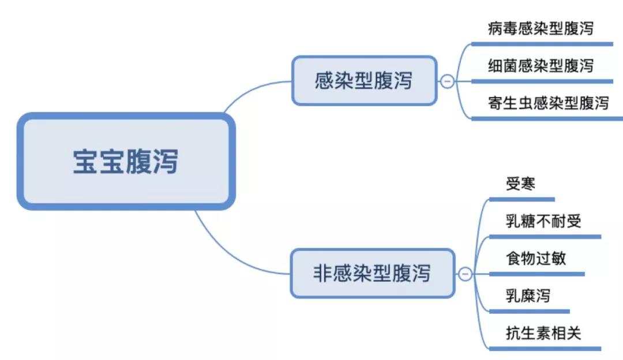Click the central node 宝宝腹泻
(126, 161)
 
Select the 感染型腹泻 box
(363, 81)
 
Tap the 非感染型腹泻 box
(371, 273)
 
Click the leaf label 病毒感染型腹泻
(540, 28)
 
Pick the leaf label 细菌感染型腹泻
(540, 66)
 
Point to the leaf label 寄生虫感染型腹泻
(548, 103)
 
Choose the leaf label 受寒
(521, 184)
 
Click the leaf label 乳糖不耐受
(543, 221)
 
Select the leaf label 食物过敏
(536, 258)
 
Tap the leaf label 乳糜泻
(528, 296)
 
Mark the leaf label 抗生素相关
(543, 333)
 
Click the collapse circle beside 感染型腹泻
(447, 81)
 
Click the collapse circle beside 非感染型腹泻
(465, 273)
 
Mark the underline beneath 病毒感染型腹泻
(542, 44)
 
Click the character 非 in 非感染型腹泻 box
(321, 273)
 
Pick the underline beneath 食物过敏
(536, 274)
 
